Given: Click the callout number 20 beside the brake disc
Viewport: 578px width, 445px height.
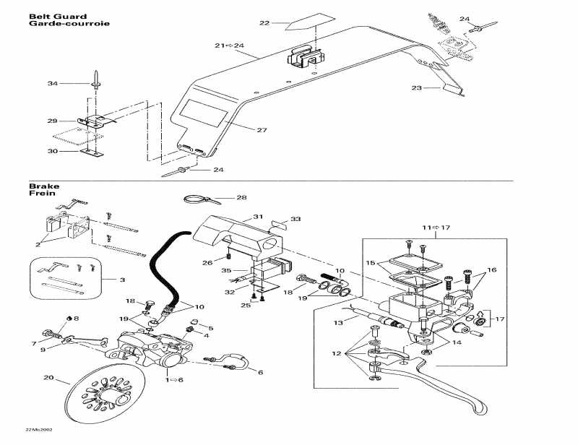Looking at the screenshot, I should click(x=48, y=378).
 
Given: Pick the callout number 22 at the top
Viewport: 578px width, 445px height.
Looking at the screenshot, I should click(x=264, y=23).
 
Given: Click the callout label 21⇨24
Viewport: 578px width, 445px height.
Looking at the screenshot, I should click(x=229, y=46).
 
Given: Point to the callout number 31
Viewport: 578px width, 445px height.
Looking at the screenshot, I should click(x=258, y=216).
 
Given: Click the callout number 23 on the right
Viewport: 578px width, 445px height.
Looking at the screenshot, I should click(x=415, y=88).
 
